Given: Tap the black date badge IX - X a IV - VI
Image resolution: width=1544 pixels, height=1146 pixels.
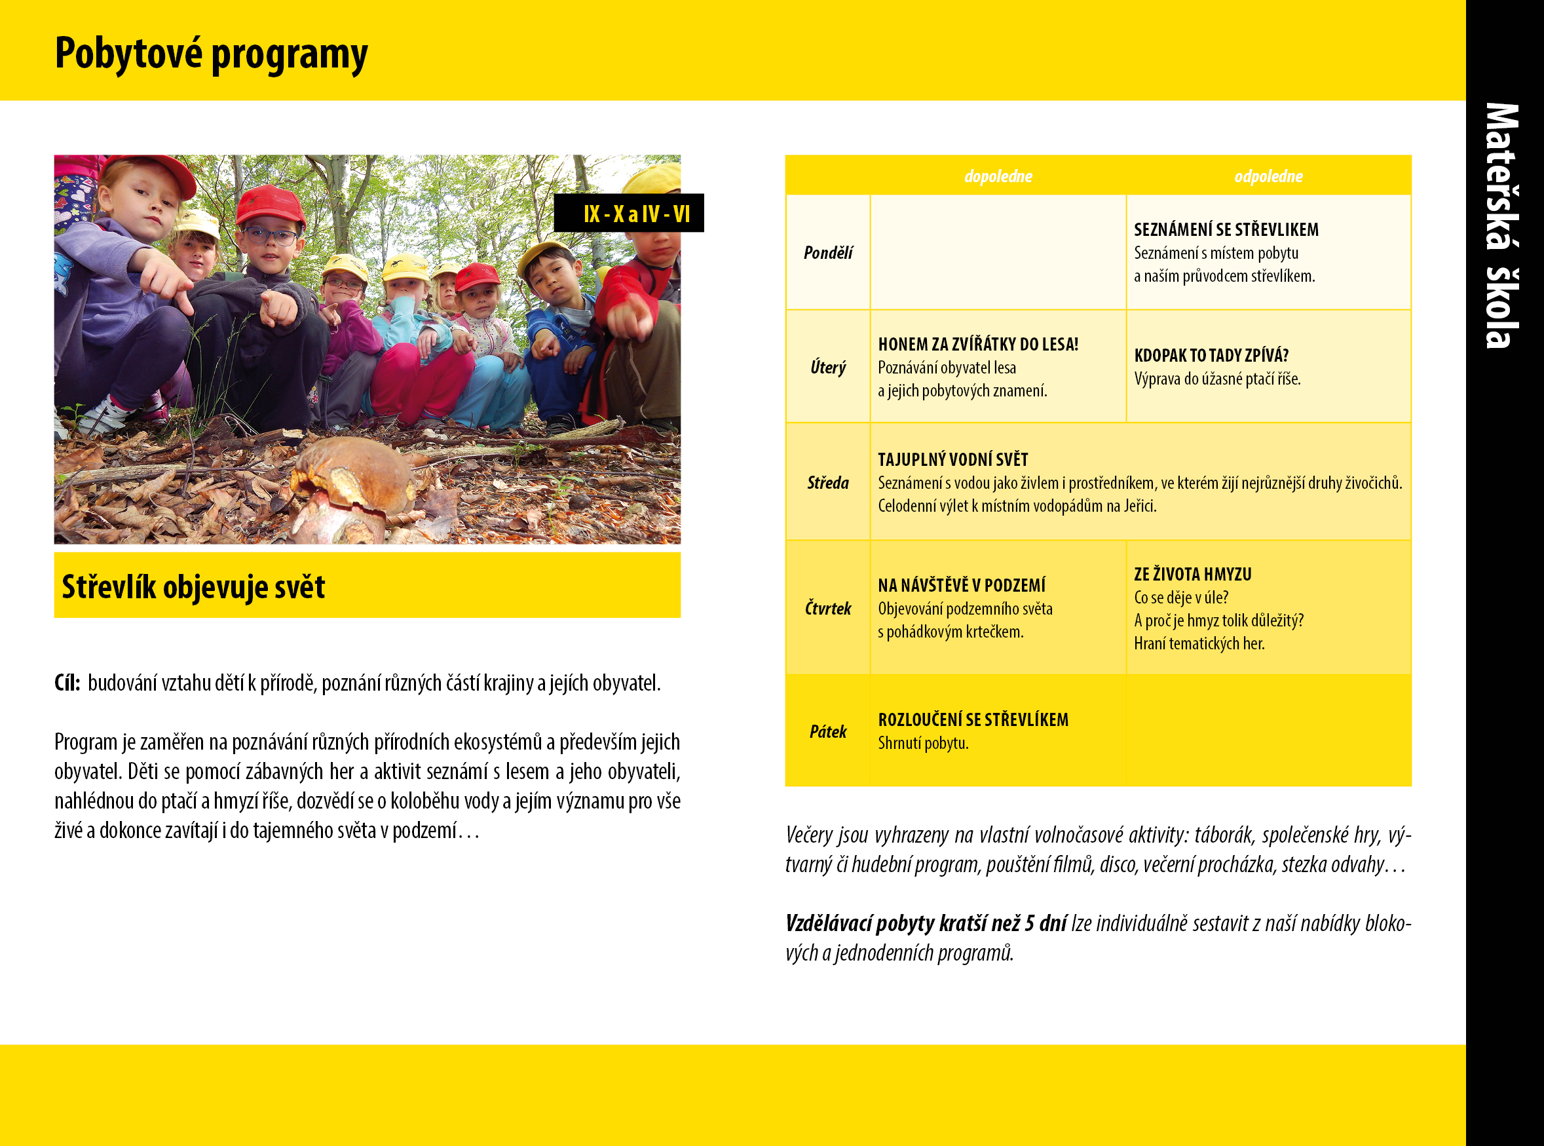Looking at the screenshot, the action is (629, 213).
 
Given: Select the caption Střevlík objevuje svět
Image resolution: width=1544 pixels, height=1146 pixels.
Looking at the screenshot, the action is (193, 587).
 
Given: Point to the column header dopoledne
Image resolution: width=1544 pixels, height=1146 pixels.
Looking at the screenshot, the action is (998, 176).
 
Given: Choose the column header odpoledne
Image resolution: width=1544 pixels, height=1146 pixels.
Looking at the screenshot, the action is (1269, 176).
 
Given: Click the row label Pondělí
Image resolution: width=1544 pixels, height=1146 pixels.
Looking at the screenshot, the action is (828, 252).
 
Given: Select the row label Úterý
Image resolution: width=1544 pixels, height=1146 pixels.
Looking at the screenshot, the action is (828, 367).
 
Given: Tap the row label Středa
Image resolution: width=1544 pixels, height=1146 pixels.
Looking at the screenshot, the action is (828, 482).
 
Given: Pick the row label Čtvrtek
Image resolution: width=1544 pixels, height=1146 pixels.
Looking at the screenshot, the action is (828, 607).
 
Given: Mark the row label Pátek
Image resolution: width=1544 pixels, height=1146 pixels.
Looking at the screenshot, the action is (828, 731).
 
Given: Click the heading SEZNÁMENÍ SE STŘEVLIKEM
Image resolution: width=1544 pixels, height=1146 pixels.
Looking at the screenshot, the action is (1226, 229).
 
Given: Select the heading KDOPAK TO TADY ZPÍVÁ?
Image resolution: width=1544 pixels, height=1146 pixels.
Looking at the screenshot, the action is (1211, 355).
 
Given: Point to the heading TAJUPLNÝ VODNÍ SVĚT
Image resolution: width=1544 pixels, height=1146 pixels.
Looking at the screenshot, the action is (953, 459).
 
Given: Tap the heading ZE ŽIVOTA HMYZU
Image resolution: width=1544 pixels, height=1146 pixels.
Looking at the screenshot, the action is (1193, 574).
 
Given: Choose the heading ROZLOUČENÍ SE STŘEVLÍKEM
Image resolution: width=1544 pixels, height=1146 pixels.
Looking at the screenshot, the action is (973, 719).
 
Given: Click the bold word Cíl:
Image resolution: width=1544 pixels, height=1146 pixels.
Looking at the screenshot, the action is (67, 683).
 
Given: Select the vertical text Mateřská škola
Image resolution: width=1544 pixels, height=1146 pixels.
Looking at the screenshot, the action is (1502, 225).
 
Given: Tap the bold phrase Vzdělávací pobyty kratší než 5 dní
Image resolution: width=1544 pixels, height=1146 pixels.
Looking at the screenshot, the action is (926, 923).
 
